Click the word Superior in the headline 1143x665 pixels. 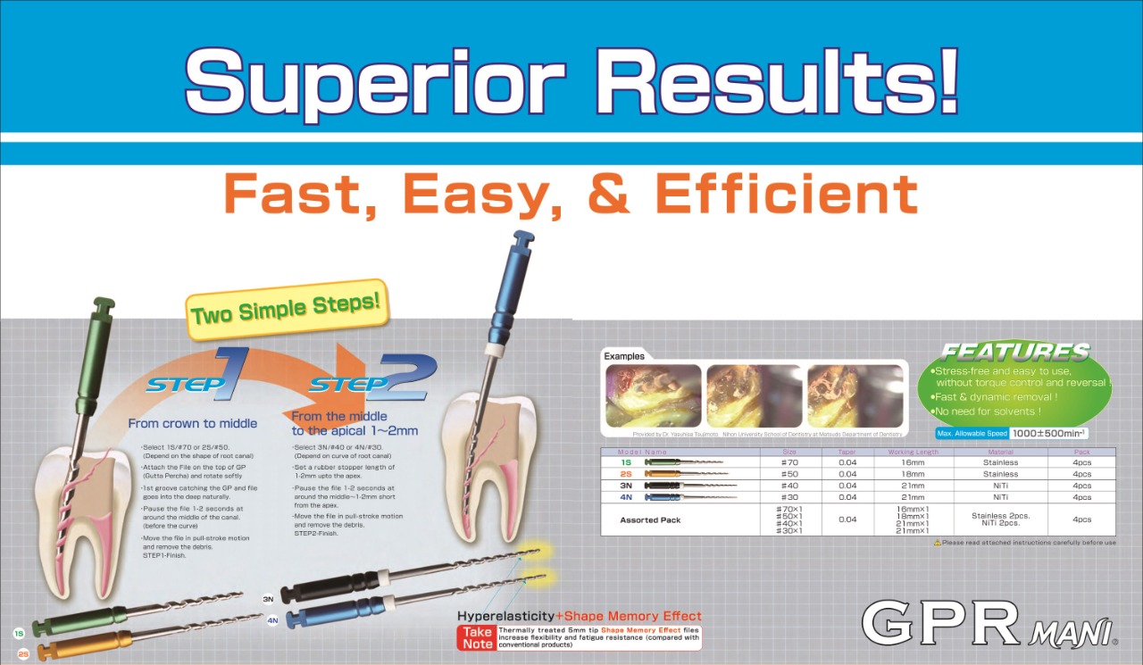(375, 79)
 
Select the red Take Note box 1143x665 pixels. (478, 637)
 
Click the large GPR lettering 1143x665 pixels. (940, 623)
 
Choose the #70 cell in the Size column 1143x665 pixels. (789, 462)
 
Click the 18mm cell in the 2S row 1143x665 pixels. (913, 474)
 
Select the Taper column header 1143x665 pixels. (847, 452)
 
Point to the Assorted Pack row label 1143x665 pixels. (651, 520)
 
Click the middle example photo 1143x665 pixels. (755, 395)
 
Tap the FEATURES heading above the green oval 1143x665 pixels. (1015, 352)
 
